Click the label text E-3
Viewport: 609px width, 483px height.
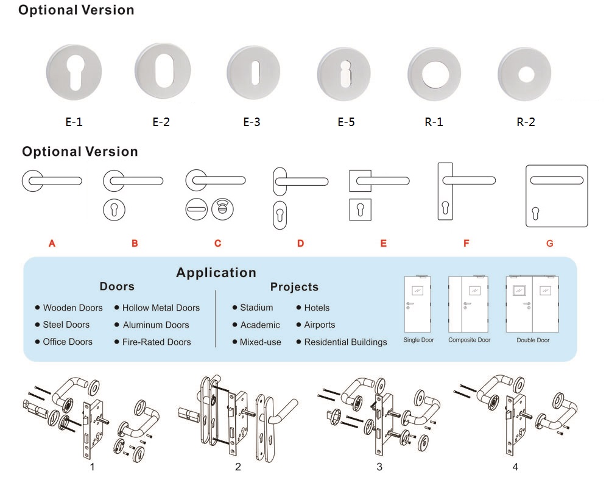[252, 122]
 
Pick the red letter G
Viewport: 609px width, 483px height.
[549, 244]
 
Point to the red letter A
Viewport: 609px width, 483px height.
[52, 244]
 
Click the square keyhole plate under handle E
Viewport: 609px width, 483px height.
[361, 210]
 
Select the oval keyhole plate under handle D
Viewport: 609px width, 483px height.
[281, 214]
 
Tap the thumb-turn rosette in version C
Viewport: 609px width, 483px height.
[221, 210]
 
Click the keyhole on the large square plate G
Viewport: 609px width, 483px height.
[535, 213]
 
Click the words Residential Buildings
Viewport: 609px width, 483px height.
[345, 342]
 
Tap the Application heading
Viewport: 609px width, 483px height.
[216, 272]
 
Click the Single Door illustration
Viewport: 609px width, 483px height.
[419, 305]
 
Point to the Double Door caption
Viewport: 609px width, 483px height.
[532, 340]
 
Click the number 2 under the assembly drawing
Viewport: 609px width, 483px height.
[238, 467]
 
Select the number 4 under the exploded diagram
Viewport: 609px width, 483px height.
[515, 467]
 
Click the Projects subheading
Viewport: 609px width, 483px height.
[294, 287]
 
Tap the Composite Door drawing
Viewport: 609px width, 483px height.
[469, 305]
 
